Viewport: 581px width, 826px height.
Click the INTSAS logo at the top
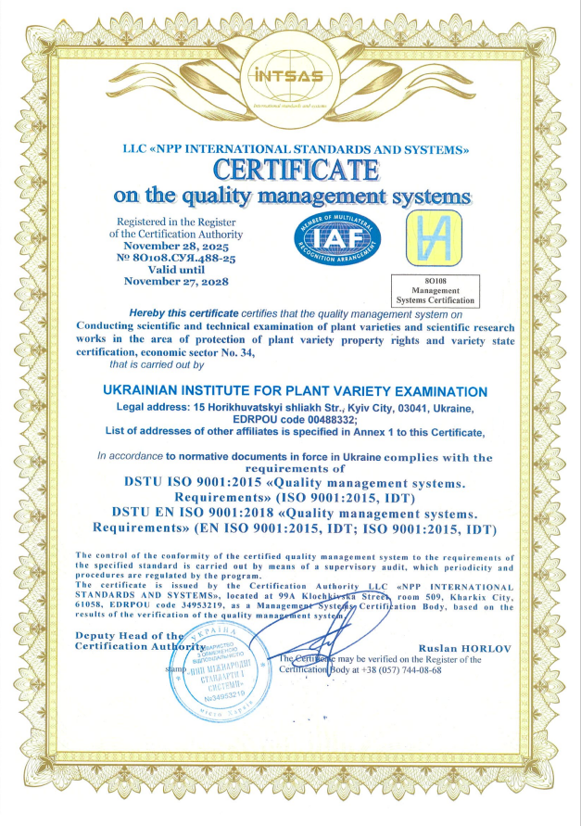pyautogui.click(x=290, y=77)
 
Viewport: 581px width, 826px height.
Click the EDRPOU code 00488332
pyautogui.click(x=361, y=419)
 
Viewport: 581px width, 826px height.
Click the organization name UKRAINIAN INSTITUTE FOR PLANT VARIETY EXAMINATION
pyautogui.click(x=296, y=392)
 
